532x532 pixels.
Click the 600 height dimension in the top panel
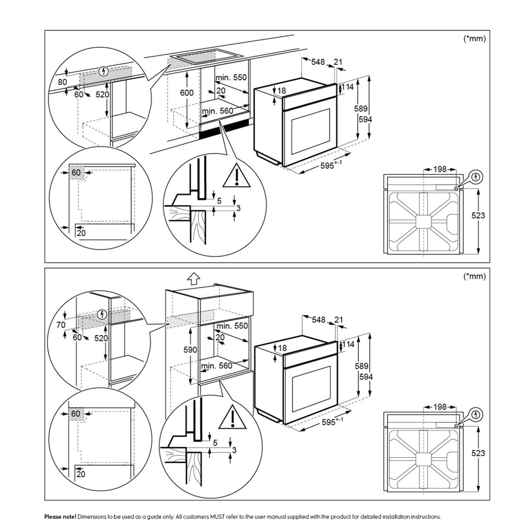187,93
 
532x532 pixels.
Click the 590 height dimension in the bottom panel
190,350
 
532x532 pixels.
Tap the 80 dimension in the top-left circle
63,82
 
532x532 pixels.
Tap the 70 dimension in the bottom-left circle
61,325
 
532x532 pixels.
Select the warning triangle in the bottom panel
232,418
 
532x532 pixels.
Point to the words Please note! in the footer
60,517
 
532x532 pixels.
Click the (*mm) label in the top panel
474,38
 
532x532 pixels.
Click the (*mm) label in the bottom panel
474,276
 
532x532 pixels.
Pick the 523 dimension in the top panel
478,215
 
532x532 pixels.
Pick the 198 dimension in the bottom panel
440,407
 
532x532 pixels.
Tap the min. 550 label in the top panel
231,78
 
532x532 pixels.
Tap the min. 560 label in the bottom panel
217,366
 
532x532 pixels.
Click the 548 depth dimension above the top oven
318,62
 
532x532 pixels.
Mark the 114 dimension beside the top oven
348,87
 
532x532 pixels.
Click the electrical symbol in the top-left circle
104,72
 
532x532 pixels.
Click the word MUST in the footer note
217,517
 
